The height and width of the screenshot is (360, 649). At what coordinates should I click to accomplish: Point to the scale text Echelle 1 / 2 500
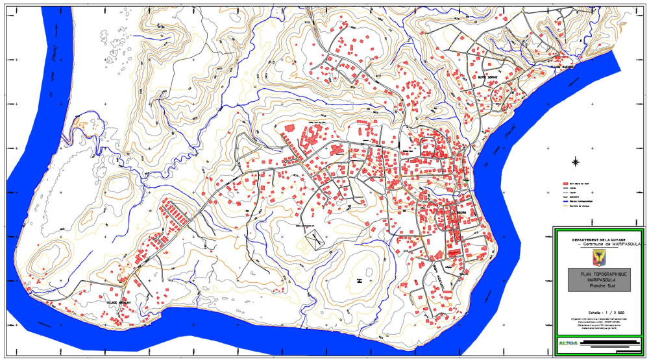[597, 312]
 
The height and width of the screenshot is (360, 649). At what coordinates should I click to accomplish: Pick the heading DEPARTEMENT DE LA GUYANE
[597, 239]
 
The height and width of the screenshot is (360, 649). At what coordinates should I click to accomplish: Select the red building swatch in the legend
[566, 184]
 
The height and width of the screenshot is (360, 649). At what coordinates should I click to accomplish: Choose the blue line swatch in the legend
[566, 202]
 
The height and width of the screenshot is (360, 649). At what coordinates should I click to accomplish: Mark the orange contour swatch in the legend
[566, 207]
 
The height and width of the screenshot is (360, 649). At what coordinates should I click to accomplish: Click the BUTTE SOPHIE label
[487, 77]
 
